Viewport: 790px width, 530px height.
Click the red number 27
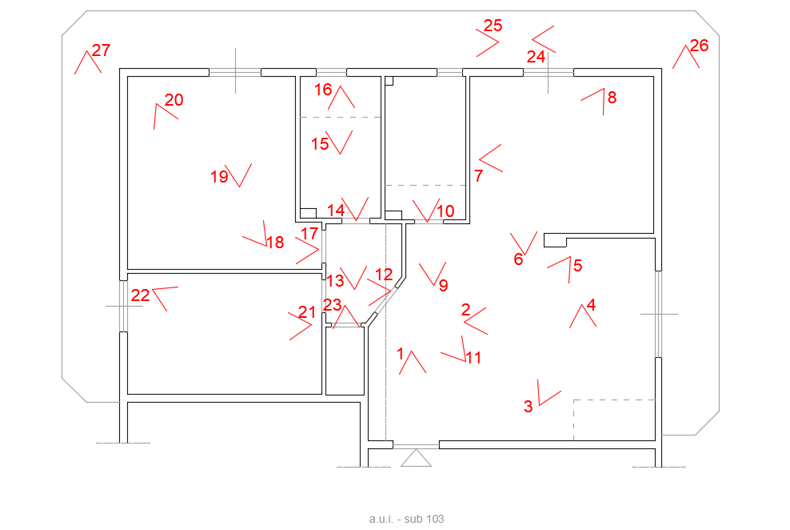click(x=102, y=50)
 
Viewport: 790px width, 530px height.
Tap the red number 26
click(x=700, y=46)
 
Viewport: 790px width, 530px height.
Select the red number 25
click(x=493, y=26)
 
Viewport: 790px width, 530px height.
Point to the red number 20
click(x=174, y=100)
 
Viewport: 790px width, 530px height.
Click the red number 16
click(x=324, y=90)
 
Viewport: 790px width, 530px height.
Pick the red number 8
click(x=612, y=98)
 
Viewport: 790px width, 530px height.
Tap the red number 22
click(x=140, y=295)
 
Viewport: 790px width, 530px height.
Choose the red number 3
click(x=528, y=406)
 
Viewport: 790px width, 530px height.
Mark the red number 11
click(x=473, y=358)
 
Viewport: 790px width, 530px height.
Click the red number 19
click(x=219, y=176)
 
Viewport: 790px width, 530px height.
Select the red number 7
click(x=479, y=175)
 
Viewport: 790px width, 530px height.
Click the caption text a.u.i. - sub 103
click(x=406, y=519)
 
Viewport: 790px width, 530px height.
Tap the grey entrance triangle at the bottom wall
click(x=416, y=458)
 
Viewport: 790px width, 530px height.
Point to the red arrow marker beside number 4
click(x=583, y=315)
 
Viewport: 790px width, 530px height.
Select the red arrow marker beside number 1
click(x=413, y=362)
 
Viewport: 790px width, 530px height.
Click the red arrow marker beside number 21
click(x=301, y=327)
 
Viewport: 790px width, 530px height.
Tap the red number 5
click(x=578, y=265)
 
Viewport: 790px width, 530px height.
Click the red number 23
click(x=332, y=304)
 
